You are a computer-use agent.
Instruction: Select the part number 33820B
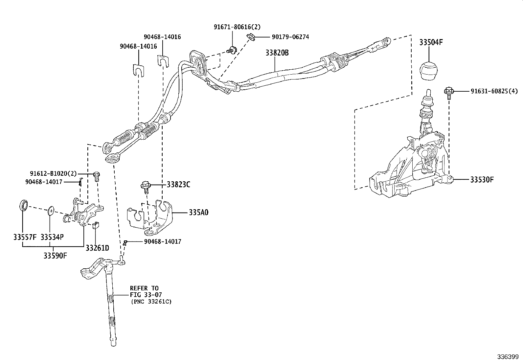click(x=277, y=53)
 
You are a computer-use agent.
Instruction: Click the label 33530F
click(x=482, y=179)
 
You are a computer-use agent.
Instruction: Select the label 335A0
click(x=198, y=213)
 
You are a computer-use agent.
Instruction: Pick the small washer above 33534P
click(x=50, y=210)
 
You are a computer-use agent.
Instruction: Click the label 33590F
click(x=55, y=256)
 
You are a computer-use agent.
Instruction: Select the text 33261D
click(x=97, y=248)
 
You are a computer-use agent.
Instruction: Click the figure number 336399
click(x=508, y=357)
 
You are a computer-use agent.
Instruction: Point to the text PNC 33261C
click(x=151, y=301)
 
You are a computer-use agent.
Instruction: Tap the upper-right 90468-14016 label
click(x=162, y=37)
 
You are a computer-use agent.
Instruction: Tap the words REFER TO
click(x=144, y=288)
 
